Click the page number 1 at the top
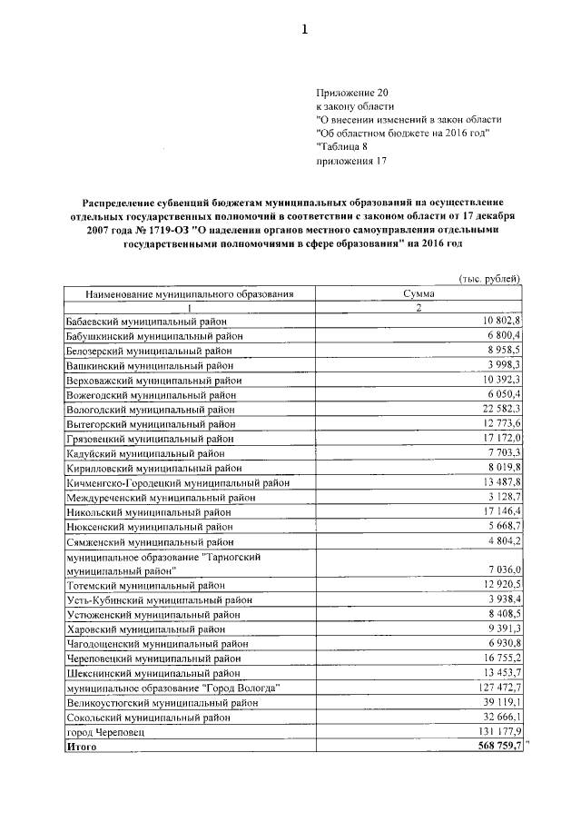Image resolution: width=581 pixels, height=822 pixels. tap(305, 30)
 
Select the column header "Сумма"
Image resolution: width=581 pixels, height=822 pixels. tap(419, 294)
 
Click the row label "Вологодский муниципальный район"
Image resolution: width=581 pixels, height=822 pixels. tap(151, 410)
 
